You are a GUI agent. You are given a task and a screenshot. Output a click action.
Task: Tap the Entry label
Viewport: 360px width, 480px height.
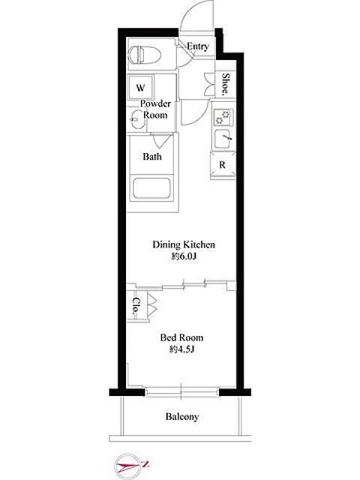pos(198,47)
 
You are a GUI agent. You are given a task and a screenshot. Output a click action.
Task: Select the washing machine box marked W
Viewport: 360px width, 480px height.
pos(140,87)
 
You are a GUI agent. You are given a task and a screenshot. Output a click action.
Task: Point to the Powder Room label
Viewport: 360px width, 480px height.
pos(155,109)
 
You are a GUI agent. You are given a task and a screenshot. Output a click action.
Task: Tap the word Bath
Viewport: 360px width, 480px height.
pos(152,157)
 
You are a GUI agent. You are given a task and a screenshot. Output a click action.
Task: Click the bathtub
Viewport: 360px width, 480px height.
pos(152,188)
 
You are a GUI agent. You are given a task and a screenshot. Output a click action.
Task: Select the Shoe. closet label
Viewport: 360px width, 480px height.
pos(226,83)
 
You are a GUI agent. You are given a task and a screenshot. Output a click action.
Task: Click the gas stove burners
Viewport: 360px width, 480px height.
pos(222,118)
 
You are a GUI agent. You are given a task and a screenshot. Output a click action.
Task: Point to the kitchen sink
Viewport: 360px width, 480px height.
pos(223,139)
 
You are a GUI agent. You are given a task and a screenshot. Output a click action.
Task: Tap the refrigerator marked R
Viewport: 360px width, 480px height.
pos(223,164)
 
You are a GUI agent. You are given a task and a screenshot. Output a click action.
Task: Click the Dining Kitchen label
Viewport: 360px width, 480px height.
pos(184,245)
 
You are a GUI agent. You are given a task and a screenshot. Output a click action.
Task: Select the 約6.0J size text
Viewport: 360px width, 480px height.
pos(184,257)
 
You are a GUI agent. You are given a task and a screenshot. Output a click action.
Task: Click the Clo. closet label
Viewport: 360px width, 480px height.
pos(135,307)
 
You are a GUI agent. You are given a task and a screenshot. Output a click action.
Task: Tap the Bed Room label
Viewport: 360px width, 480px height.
pos(182,338)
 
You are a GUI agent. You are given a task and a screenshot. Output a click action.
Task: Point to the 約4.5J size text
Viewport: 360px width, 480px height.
pos(182,349)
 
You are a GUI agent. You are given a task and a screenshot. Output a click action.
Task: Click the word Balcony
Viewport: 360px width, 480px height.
pos(182,416)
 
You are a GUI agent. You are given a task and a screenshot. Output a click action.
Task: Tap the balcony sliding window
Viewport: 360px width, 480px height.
pos(182,392)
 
